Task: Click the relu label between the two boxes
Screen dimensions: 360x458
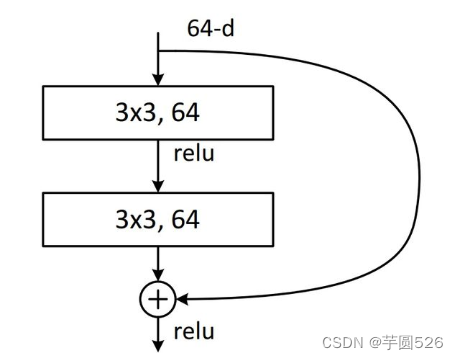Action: (x=193, y=155)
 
